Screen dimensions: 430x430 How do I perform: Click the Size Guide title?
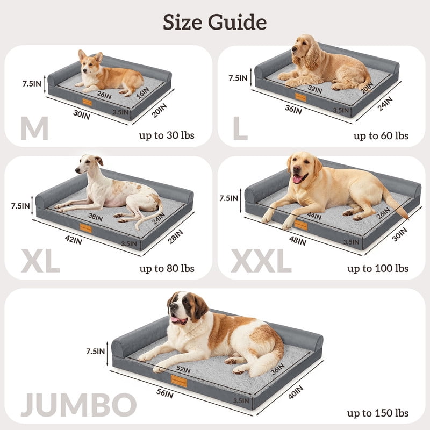pyautogui.click(x=214, y=22)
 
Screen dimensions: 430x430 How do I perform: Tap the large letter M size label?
pyautogui.click(x=35, y=128)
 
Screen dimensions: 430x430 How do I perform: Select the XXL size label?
pyautogui.click(x=261, y=261)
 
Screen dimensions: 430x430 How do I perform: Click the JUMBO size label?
pyautogui.click(x=78, y=405)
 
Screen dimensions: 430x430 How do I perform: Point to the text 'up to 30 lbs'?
pyautogui.click(x=167, y=135)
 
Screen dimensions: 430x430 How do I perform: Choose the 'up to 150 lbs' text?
pyautogui.click(x=378, y=413)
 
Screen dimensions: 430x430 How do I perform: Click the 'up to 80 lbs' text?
pyautogui.click(x=167, y=268)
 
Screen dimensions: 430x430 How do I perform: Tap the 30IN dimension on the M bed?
pyautogui.click(x=82, y=114)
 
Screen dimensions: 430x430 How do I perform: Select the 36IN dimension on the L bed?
pyautogui.click(x=293, y=110)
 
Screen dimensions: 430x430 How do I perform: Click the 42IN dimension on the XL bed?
pyautogui.click(x=74, y=240)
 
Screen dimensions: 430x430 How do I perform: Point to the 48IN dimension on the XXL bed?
pyautogui.click(x=298, y=240)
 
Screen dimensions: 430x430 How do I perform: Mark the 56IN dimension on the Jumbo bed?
pyautogui.click(x=165, y=393)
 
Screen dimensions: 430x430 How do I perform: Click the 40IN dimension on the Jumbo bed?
pyautogui.click(x=296, y=392)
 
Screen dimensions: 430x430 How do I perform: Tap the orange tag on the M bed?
pyautogui.click(x=87, y=102)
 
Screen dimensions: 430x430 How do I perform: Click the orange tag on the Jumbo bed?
pyautogui.click(x=179, y=381)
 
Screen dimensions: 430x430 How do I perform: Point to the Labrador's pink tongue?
pyautogui.click(x=297, y=180)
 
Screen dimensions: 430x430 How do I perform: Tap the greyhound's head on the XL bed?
pyautogui.click(x=88, y=164)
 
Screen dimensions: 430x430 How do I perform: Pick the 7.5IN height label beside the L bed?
pyautogui.click(x=238, y=78)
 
